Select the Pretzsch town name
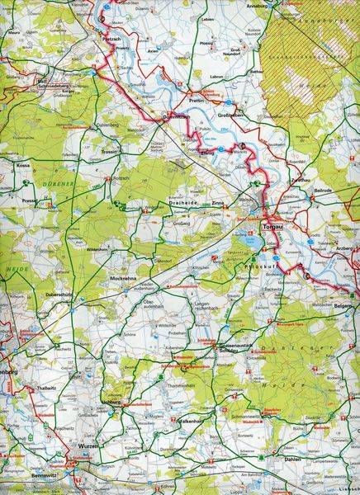click(113, 37)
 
